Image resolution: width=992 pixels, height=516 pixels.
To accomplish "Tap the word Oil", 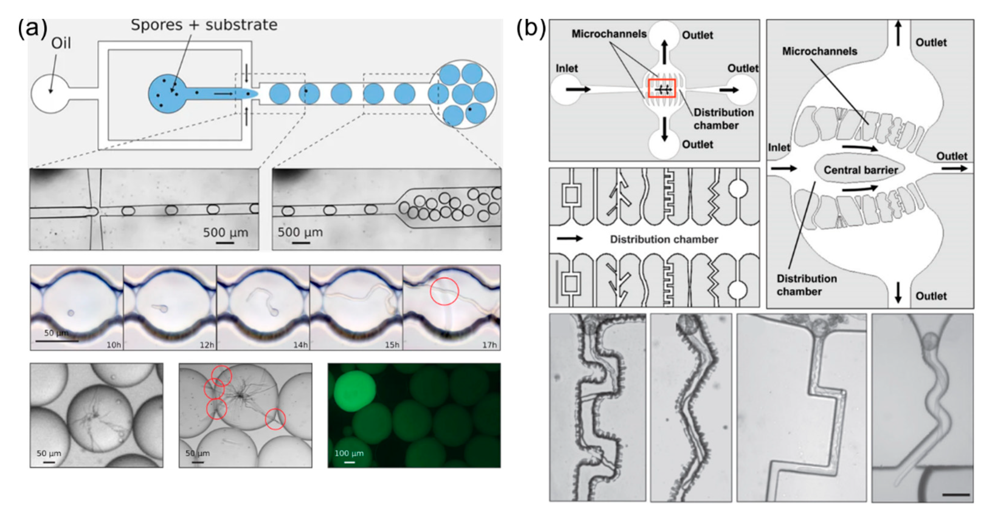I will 61,43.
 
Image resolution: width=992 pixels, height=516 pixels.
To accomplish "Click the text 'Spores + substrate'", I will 204,25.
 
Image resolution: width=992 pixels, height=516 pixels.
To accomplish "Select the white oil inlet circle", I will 49,94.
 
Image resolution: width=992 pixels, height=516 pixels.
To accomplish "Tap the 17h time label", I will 489,345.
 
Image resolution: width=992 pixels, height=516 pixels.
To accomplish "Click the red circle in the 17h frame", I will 444,291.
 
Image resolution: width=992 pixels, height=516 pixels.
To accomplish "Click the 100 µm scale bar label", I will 349,453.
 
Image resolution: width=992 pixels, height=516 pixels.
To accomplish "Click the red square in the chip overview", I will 662,88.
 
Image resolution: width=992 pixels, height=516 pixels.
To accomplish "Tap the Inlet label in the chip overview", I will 566,69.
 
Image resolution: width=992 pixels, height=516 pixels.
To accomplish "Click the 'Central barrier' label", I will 861,170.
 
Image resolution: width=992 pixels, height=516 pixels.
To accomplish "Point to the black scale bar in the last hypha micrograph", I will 956,494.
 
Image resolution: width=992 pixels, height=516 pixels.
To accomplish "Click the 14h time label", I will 300,345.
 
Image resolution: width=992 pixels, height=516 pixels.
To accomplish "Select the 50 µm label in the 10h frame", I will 56,333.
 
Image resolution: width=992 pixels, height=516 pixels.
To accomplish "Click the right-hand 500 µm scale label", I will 300,232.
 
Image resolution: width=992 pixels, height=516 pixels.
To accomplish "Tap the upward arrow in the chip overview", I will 665,52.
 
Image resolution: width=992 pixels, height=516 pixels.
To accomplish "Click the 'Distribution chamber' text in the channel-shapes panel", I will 664,239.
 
